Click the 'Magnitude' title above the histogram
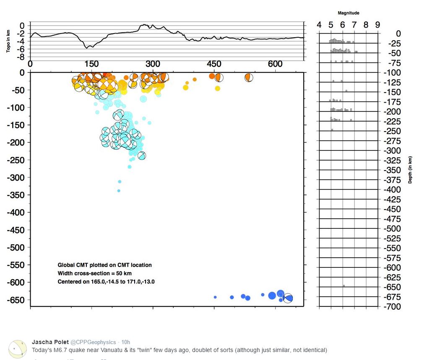[x=348, y=13]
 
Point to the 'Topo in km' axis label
[x=8, y=41]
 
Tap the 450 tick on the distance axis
[x=214, y=64]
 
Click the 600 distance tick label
[x=275, y=64]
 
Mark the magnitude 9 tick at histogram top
[x=378, y=25]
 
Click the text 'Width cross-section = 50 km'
[x=94, y=273]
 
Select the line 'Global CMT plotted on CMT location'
[x=104, y=265]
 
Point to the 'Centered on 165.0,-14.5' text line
[x=106, y=282]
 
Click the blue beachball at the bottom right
[x=288, y=298]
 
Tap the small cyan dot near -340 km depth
[x=119, y=191]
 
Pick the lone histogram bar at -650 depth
[x=344, y=286]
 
